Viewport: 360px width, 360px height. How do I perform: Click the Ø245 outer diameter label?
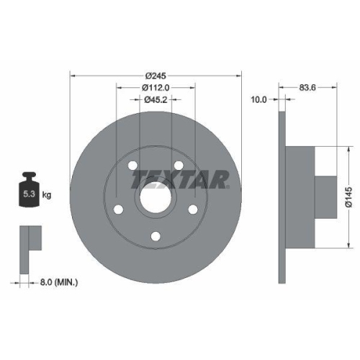coord(156,76)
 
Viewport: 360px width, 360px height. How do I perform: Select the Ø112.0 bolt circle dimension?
coord(156,88)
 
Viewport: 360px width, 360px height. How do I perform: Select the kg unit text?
coord(47,194)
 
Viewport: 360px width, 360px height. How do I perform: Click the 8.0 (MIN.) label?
coord(60,283)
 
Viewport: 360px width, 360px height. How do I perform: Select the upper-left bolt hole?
coord(132,167)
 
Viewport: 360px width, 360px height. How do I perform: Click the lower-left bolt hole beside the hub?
coord(117,210)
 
